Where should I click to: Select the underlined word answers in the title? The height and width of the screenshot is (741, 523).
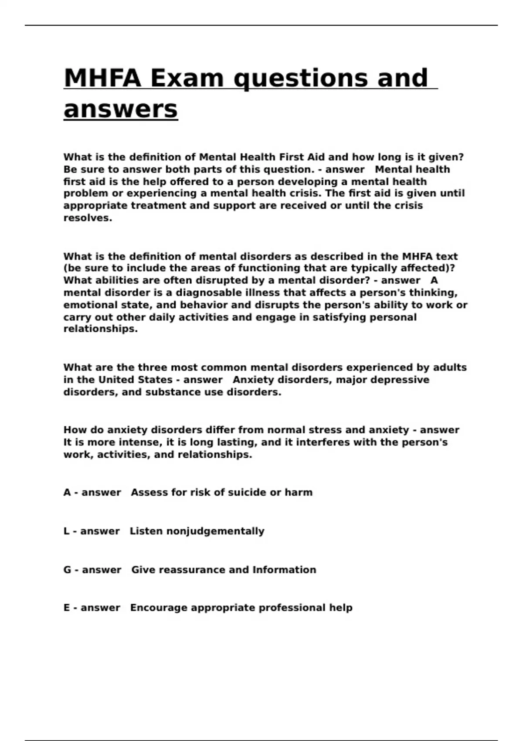click(x=121, y=109)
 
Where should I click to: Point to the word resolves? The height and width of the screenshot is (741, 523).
click(x=88, y=218)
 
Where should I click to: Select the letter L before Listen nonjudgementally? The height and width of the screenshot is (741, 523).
click(x=67, y=531)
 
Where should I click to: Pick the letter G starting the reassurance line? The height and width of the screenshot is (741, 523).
click(x=68, y=570)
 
